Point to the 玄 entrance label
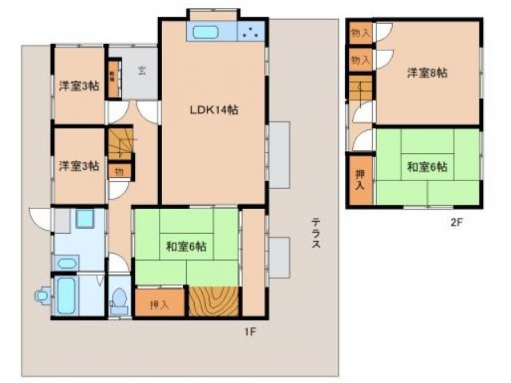point(141,70)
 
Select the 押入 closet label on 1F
point(160,304)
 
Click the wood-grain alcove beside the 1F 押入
point(213,301)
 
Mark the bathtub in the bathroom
point(67,295)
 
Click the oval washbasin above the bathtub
point(68,263)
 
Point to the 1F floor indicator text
point(249,328)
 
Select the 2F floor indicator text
point(456,223)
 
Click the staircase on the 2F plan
point(360,88)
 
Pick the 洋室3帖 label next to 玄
point(78,86)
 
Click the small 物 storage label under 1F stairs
point(118,171)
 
